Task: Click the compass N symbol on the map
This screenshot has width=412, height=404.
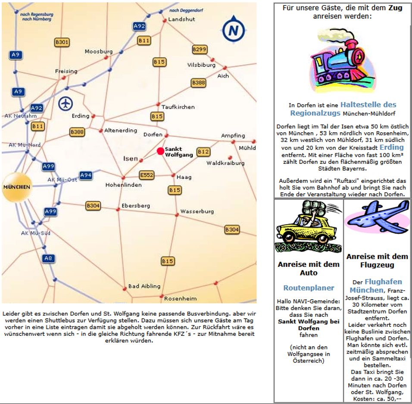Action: [233, 30]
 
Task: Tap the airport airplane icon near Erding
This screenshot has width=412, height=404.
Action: [66, 103]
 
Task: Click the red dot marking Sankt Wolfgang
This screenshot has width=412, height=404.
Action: [160, 151]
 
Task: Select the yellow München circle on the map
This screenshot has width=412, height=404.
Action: [17, 187]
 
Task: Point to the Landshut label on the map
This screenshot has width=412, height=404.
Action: [181, 19]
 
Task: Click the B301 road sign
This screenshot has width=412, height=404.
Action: [62, 42]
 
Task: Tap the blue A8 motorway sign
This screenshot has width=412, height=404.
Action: [48, 258]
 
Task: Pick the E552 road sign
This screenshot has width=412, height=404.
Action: [147, 175]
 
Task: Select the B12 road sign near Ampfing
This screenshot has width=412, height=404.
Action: [203, 151]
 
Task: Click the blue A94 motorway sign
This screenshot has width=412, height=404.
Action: [86, 175]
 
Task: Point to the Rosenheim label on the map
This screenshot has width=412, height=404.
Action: [180, 298]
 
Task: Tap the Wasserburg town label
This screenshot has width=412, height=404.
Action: [197, 211]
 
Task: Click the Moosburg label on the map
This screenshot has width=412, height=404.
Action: [99, 51]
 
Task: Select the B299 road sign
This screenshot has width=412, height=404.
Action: [200, 50]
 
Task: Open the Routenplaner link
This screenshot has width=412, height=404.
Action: [309, 288]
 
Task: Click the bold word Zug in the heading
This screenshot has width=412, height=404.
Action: [395, 8]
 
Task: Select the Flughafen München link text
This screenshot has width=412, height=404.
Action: [377, 286]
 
